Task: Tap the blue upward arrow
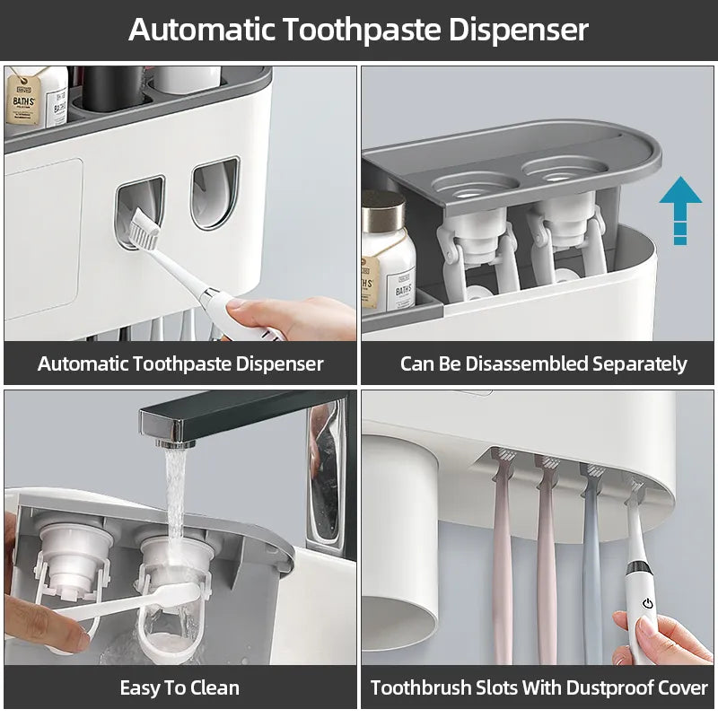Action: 680,209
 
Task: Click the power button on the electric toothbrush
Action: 646,604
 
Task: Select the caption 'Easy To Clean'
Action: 179,688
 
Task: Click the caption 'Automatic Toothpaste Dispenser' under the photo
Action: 179,364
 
